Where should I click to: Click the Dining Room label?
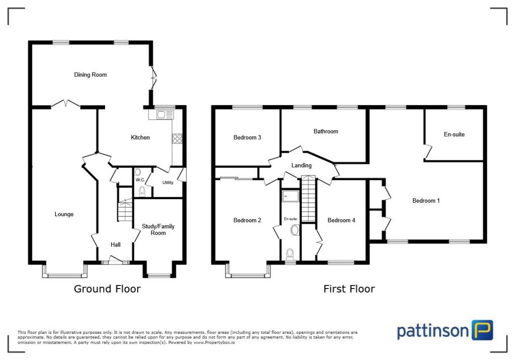pyautogui.click(x=91, y=75)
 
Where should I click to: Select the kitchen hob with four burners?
pyautogui.click(x=177, y=138)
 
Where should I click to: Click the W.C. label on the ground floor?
pyautogui.click(x=140, y=179)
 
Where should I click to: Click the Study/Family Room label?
pyautogui.click(x=154, y=230)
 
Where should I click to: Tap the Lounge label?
pyautogui.click(x=64, y=214)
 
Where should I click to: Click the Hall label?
pyautogui.click(x=116, y=244)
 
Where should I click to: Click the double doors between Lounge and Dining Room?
pyautogui.click(x=66, y=104)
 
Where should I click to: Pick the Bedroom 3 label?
pyautogui.click(x=247, y=137)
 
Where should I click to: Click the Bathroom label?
pyautogui.click(x=325, y=131)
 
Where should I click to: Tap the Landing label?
pyautogui.click(x=301, y=165)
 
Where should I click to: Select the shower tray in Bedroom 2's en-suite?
pyautogui.click(x=290, y=196)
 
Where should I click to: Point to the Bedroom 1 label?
pyautogui.click(x=426, y=201)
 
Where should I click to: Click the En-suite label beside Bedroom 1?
pyautogui.click(x=454, y=134)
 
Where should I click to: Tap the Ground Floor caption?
pyautogui.click(x=107, y=289)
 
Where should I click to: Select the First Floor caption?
pyautogui.click(x=349, y=289)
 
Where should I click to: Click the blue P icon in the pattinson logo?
pyautogui.click(x=482, y=330)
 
